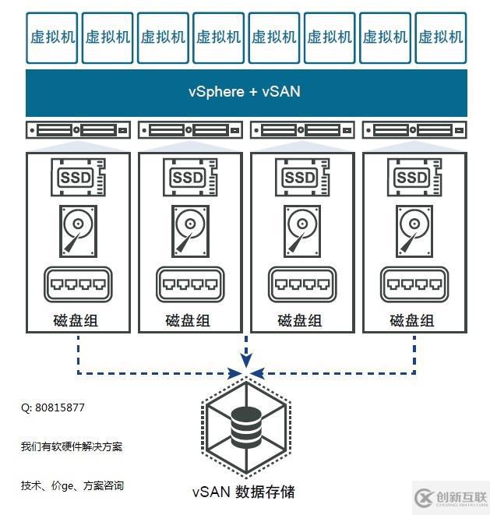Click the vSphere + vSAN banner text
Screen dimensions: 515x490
(x=244, y=92)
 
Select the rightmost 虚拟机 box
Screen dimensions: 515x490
(x=440, y=37)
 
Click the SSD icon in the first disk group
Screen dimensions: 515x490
(x=76, y=178)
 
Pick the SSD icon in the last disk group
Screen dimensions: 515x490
(x=411, y=178)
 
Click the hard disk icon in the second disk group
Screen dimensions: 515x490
(x=188, y=230)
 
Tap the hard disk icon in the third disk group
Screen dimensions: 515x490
(x=299, y=230)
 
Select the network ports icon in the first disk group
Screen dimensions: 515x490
(x=76, y=284)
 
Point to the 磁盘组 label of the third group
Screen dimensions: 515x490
(x=299, y=320)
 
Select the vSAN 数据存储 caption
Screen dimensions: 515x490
(x=244, y=492)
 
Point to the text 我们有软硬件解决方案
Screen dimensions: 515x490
(x=72, y=446)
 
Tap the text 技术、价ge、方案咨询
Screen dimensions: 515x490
(x=72, y=485)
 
